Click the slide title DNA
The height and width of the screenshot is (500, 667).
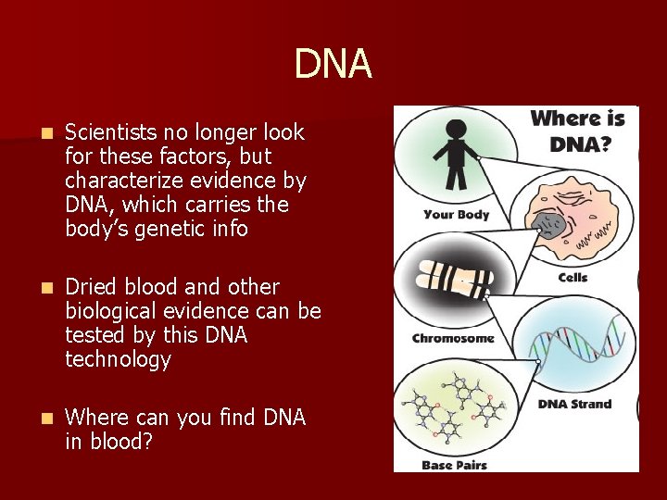coord(333,64)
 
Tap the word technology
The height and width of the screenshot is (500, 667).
coord(118,359)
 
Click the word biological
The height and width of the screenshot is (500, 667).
coord(106,311)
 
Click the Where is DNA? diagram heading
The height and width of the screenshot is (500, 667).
coord(577,131)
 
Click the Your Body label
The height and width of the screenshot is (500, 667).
coord(456,215)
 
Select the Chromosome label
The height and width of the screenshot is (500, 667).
coord(453,338)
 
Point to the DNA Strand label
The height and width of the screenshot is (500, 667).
coord(575,404)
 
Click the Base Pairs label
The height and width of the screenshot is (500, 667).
coord(448,464)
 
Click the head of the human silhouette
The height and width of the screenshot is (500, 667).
coord(456,124)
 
